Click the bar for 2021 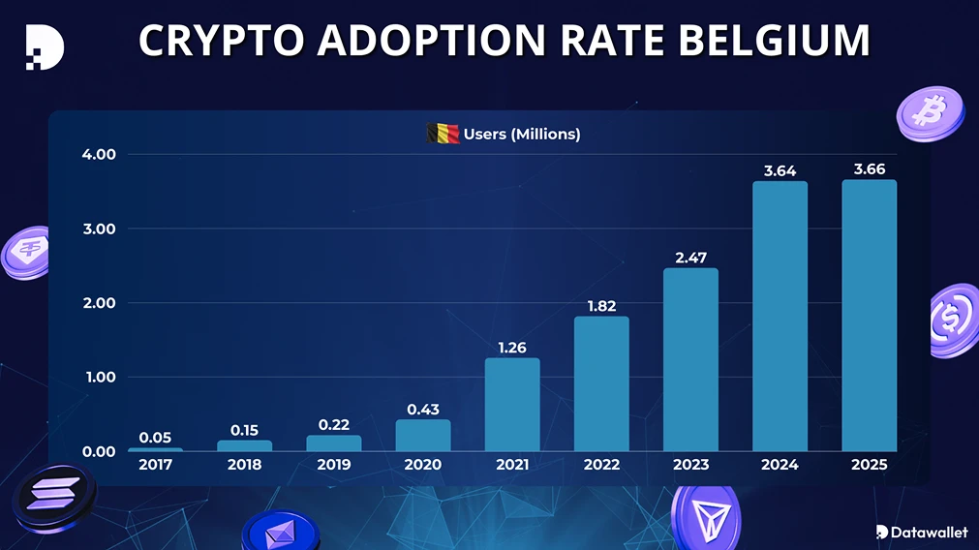point(512,405)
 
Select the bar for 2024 point(780,316)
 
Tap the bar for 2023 point(690,359)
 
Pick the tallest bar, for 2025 point(869,315)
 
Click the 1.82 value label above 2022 point(601,306)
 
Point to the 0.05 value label point(155,438)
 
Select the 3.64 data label point(780,170)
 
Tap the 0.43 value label point(423,410)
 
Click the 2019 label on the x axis point(334,465)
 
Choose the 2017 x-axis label point(155,465)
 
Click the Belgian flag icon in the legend point(443,134)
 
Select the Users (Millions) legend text point(522,134)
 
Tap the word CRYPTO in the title point(222,41)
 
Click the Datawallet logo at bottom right point(921,532)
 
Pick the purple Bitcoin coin point(930,113)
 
